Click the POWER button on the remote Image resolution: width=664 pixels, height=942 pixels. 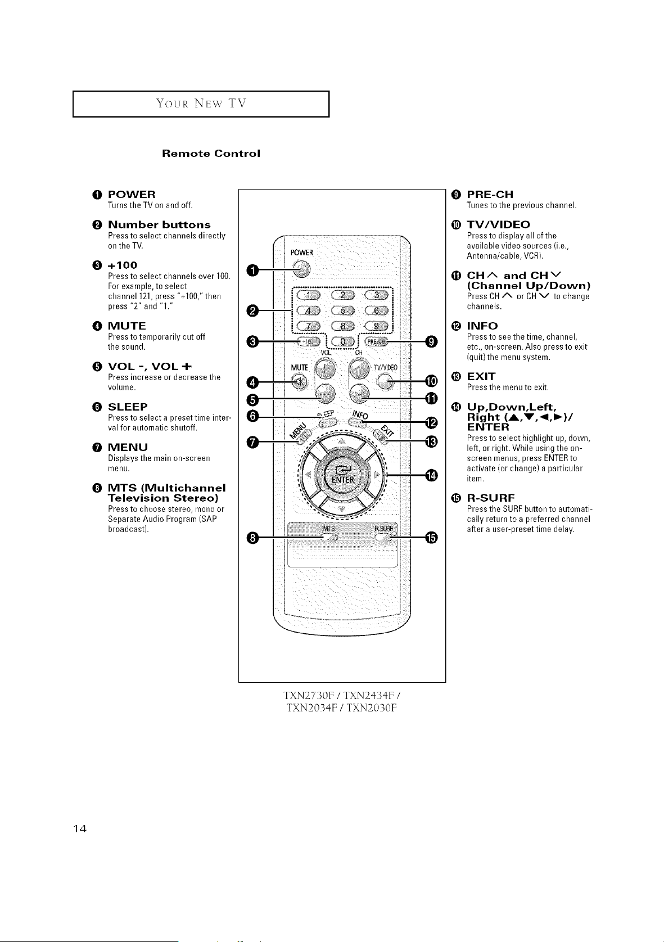301,269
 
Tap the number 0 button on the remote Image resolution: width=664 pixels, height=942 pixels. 343,341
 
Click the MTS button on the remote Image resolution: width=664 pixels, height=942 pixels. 329,538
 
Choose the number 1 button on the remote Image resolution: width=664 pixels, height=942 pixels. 309,294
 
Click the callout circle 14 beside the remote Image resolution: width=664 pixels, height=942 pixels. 431,476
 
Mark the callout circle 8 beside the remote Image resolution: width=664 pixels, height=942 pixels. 252,538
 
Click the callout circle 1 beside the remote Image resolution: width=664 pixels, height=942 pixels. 252,270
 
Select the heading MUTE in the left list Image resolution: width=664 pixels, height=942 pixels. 127,326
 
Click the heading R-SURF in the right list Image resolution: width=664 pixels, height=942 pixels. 491,498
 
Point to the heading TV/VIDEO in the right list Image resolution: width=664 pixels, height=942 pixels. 498,224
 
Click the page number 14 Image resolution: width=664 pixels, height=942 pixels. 80,829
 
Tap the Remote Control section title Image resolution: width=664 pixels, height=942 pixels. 211,153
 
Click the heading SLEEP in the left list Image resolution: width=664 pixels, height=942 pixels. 128,407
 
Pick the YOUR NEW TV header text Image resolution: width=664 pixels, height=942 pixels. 201,103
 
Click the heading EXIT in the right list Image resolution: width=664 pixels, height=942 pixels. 481,376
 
